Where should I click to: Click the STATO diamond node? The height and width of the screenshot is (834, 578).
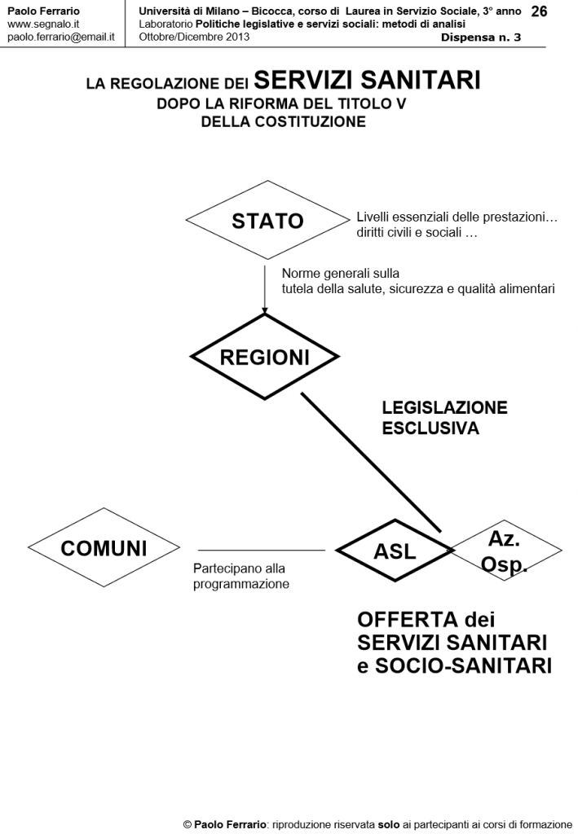tap(267, 221)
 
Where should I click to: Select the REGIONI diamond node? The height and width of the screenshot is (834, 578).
tap(265, 357)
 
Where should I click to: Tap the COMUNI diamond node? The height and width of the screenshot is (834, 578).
tap(104, 548)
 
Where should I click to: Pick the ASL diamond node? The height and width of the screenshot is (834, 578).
tap(395, 551)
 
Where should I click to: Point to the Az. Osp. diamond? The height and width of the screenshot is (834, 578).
tap(507, 551)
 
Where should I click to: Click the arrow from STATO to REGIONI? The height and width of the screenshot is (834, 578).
tap(265, 285)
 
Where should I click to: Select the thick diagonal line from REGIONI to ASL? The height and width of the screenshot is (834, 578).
tap(371, 462)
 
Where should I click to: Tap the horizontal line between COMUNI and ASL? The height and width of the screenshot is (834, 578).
tap(261, 551)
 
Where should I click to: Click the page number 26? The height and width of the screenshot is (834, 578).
tap(539, 11)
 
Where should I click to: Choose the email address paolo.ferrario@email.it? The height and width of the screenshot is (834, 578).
tap(60, 37)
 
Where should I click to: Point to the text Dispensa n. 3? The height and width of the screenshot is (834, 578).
tap(481, 37)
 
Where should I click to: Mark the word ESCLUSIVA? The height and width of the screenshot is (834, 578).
tap(430, 428)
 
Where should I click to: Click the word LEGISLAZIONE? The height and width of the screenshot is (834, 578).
tap(444, 408)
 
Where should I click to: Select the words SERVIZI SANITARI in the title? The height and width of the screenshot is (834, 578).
tap(367, 80)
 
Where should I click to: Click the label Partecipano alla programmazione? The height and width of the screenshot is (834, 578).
tap(241, 576)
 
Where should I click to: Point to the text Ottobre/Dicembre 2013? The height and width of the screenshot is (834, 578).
tap(194, 37)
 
